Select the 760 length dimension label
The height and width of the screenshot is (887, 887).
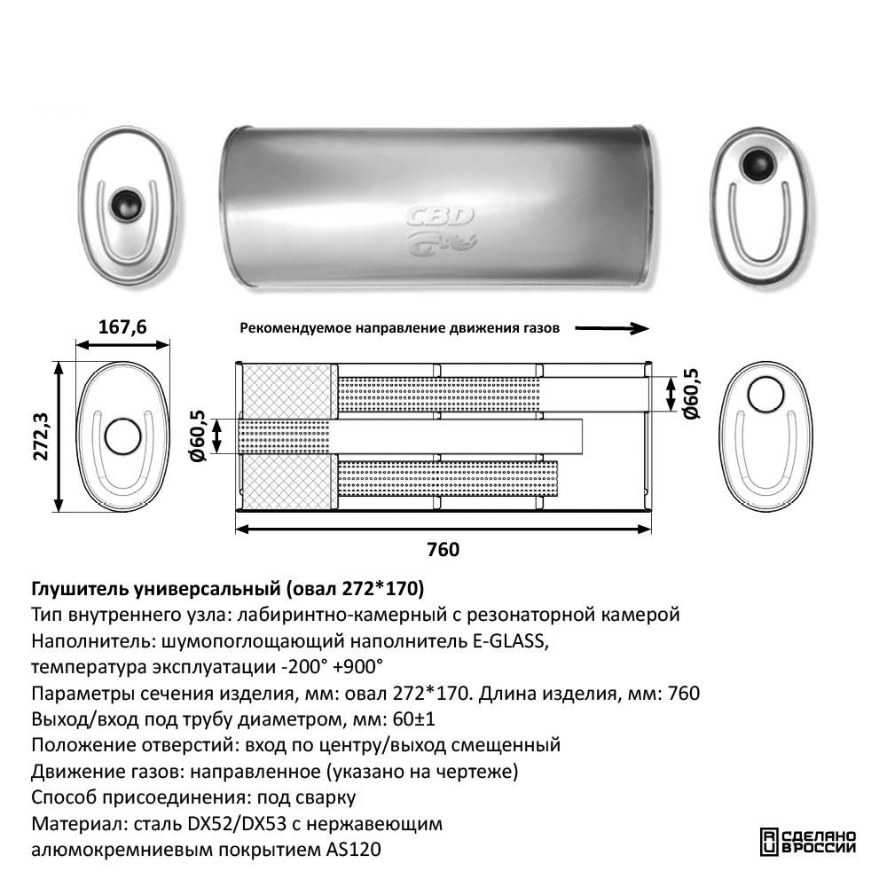pyautogui.click(x=443, y=550)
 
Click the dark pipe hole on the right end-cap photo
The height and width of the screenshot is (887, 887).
pyautogui.click(x=758, y=163)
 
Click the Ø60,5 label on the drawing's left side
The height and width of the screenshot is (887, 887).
pyautogui.click(x=197, y=436)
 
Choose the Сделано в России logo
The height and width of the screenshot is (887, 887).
pyautogui.click(x=807, y=841)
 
